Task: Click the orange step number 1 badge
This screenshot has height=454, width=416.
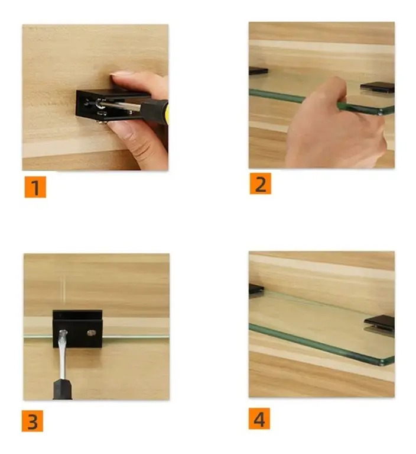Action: [x=35, y=187]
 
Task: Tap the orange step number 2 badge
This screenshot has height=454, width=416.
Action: [x=260, y=183]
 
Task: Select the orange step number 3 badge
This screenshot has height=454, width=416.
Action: [x=32, y=421]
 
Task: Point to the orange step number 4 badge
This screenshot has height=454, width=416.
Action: [x=259, y=418]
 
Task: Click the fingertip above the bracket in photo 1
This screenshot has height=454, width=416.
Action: [x=123, y=78]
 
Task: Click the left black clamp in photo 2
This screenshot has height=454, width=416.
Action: [x=258, y=70]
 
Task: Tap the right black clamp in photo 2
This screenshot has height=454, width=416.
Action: [x=377, y=88]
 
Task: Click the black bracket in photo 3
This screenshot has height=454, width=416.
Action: [x=77, y=329]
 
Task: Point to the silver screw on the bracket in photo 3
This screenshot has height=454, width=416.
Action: [x=92, y=333]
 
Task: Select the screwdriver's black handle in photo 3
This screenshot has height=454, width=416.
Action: [x=62, y=389]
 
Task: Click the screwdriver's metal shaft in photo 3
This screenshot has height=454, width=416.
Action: [x=63, y=355]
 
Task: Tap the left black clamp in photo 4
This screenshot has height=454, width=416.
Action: [x=256, y=289]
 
